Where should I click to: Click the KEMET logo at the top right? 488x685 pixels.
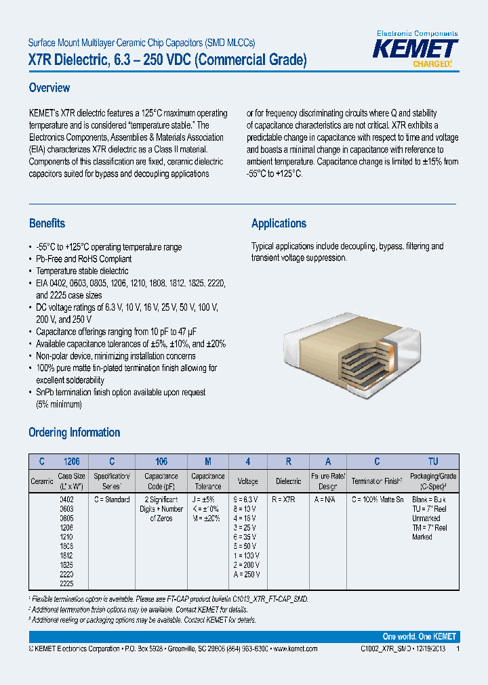pyautogui.click(x=417, y=49)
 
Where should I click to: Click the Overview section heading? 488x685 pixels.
pyautogui.click(x=49, y=88)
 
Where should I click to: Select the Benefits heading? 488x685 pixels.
pyautogui.click(x=47, y=223)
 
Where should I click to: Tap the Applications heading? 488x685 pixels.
pyautogui.click(x=279, y=223)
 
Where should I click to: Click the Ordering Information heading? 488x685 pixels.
pyautogui.click(x=74, y=433)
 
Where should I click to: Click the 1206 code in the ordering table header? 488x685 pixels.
pyautogui.click(x=71, y=462)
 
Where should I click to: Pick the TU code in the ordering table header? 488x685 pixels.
pyautogui.click(x=434, y=462)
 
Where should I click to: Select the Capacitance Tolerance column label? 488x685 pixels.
pyautogui.click(x=208, y=481)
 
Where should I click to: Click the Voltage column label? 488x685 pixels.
pyautogui.click(x=247, y=481)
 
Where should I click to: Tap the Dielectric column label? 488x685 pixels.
pyautogui.click(x=289, y=481)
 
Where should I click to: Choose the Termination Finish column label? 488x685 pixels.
pyautogui.click(x=377, y=481)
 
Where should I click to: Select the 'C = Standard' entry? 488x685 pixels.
pyautogui.click(x=111, y=500)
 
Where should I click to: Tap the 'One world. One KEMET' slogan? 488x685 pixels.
pyautogui.click(x=419, y=637)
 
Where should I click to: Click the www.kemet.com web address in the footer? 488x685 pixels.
pyautogui.click(x=294, y=648)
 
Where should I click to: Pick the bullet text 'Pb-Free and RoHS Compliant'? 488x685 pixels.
pyautogui.click(x=84, y=259)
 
